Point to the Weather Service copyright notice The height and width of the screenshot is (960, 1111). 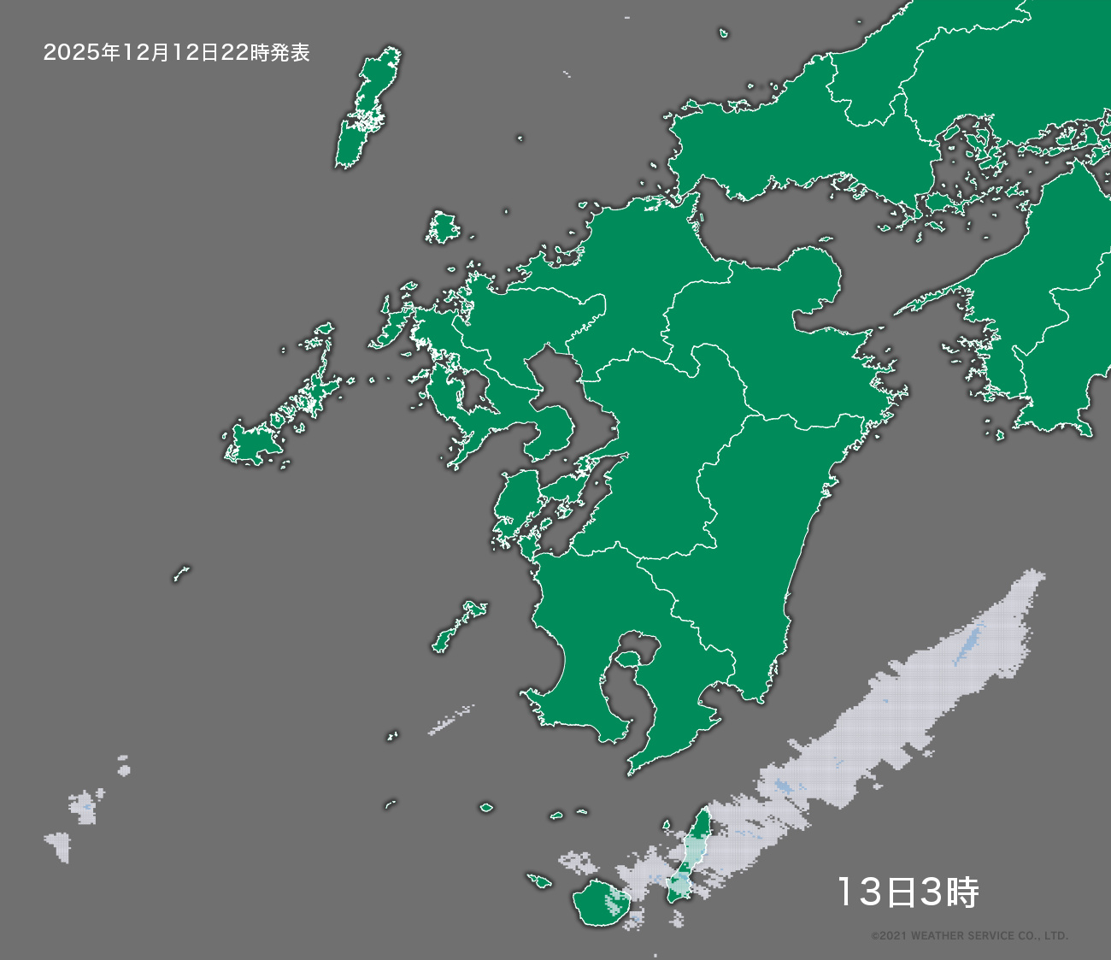[x=969, y=936]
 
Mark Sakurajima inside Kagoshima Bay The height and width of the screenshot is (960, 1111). [x=629, y=659]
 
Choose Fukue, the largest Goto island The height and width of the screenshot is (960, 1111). [x=251, y=444]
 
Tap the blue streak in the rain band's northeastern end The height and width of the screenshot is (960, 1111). [x=969, y=643]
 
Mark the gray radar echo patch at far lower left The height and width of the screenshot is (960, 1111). [x=60, y=845]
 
